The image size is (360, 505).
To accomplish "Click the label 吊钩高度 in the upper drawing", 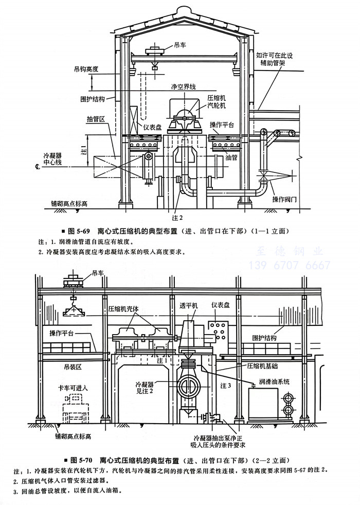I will [x=86, y=68].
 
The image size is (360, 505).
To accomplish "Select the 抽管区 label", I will [x=96, y=119].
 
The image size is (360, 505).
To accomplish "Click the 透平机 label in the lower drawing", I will [x=188, y=319].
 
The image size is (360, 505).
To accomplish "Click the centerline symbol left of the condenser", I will [x=37, y=167].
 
